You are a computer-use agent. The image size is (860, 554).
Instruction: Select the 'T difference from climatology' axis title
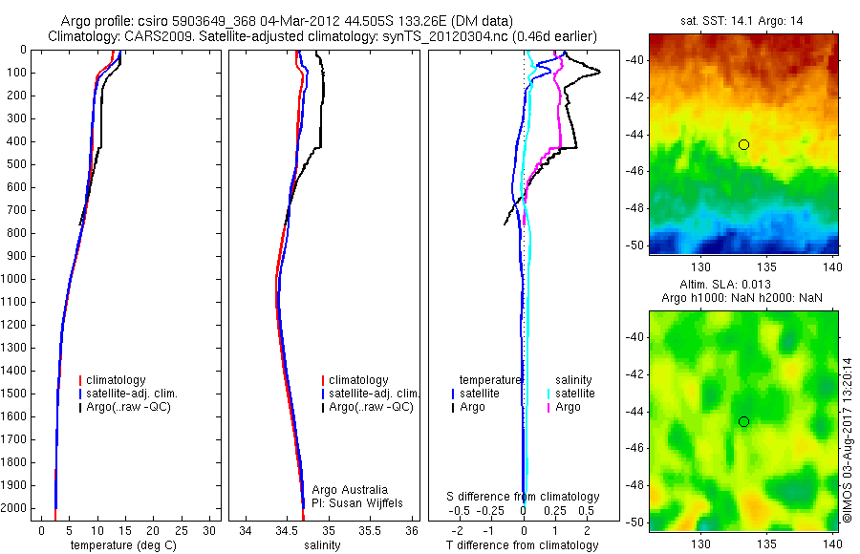point(522,545)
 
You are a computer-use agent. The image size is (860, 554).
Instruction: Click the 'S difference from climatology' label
point(523,497)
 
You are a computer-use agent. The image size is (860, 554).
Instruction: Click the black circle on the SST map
point(743,144)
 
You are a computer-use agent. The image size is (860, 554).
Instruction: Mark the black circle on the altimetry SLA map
point(743,421)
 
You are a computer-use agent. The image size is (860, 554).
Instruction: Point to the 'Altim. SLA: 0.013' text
point(743,286)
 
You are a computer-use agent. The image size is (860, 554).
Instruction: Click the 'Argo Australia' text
point(350,489)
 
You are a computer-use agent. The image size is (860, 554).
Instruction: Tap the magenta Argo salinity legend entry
point(567,408)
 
